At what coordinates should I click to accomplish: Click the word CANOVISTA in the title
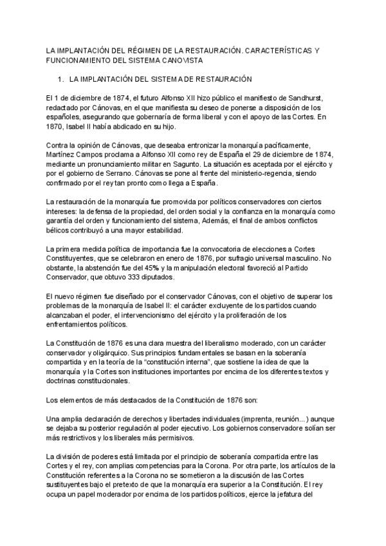[x=181, y=60]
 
